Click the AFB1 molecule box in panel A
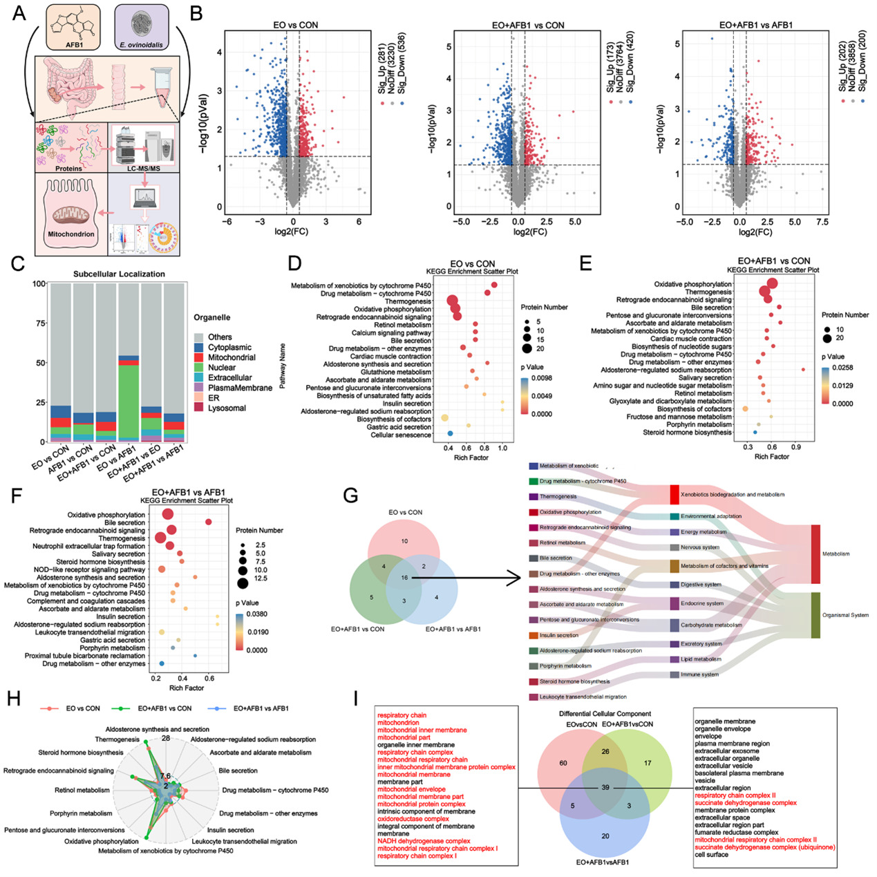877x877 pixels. click(73, 28)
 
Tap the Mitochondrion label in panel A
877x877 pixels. click(70, 234)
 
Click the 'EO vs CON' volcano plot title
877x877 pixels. click(295, 25)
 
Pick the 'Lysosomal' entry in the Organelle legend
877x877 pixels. click(227, 408)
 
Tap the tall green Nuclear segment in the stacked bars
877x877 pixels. click(129, 401)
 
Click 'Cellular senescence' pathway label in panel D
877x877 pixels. click(401, 435)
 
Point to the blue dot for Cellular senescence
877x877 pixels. click(450, 433)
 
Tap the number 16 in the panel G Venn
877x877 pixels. click(404, 577)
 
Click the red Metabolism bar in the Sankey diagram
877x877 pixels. click(815, 554)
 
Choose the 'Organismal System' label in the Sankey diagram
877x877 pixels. click(845, 614)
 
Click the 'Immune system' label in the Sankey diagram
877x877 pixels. click(699, 674)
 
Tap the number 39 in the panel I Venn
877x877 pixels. click(605, 787)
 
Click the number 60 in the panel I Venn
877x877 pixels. click(563, 763)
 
